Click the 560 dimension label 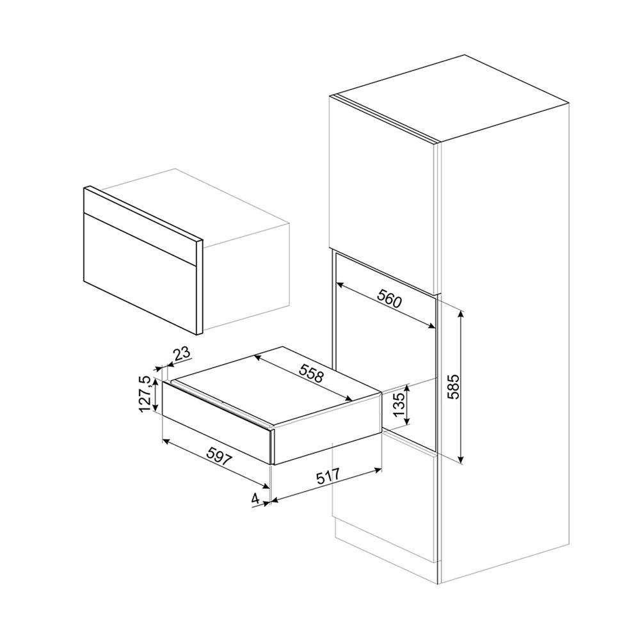tap(389, 298)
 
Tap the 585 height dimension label tap(453, 387)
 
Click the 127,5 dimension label tap(145, 394)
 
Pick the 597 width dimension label tap(219, 456)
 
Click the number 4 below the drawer tap(255, 499)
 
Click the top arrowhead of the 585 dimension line tap(461, 314)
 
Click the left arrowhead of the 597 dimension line tap(166, 440)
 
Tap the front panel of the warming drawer tap(216, 422)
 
